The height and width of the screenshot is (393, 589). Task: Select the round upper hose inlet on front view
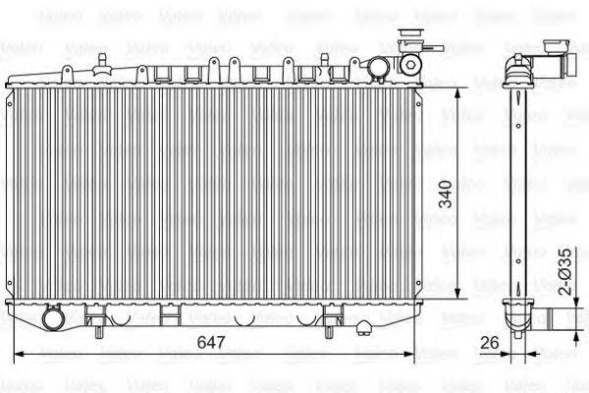[379, 66]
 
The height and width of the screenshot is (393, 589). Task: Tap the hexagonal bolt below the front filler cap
[409, 65]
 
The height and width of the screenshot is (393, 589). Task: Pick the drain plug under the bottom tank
[363, 326]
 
